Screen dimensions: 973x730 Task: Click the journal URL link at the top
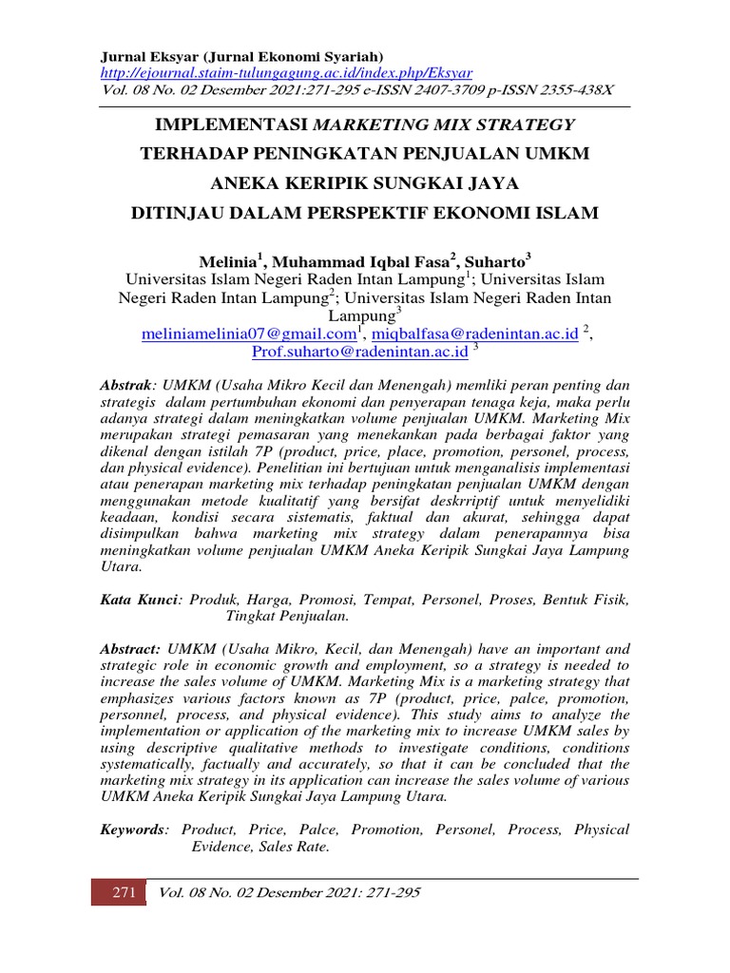(x=286, y=73)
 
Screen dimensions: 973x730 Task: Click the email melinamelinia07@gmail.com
(x=247, y=334)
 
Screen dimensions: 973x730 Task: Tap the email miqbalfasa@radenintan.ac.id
(x=474, y=334)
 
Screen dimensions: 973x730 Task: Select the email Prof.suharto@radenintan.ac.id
(x=359, y=352)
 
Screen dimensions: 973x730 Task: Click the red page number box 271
(x=119, y=892)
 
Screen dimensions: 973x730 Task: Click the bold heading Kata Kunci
(x=141, y=601)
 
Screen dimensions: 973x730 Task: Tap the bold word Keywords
(x=132, y=830)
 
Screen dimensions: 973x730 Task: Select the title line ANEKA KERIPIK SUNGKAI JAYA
(x=364, y=183)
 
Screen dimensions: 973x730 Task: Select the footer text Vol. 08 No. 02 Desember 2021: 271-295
(x=290, y=892)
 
